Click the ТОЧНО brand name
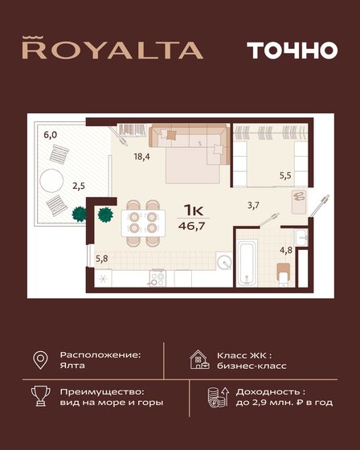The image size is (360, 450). click(x=280, y=50)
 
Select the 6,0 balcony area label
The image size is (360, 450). click(x=51, y=135)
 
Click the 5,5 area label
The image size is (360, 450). click(x=284, y=174)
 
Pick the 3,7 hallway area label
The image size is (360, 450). click(x=252, y=206)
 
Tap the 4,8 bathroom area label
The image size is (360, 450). click(x=285, y=249)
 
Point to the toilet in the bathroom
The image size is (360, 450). click(x=286, y=276)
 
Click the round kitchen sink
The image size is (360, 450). click(x=223, y=262)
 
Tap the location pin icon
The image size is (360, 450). click(x=39, y=358)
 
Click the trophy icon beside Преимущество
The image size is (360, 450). click(x=39, y=396)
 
